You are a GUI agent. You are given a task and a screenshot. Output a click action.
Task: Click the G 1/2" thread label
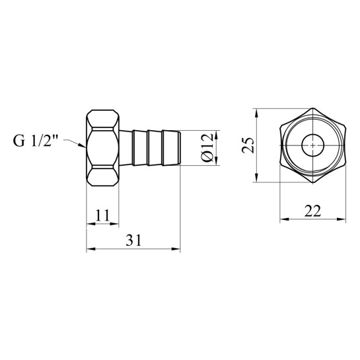36,141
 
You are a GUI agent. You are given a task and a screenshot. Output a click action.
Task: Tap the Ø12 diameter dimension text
207,147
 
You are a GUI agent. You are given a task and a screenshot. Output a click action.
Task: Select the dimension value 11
102,215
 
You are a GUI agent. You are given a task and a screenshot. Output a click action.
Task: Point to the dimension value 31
133,240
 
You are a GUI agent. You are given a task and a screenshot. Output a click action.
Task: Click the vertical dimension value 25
248,145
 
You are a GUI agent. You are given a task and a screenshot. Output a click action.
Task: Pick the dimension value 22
312,211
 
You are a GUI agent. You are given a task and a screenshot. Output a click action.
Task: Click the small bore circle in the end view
312,145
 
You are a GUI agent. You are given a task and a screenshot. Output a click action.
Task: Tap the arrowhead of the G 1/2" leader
82,145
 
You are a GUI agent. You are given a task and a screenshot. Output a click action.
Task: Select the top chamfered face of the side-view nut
102,118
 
